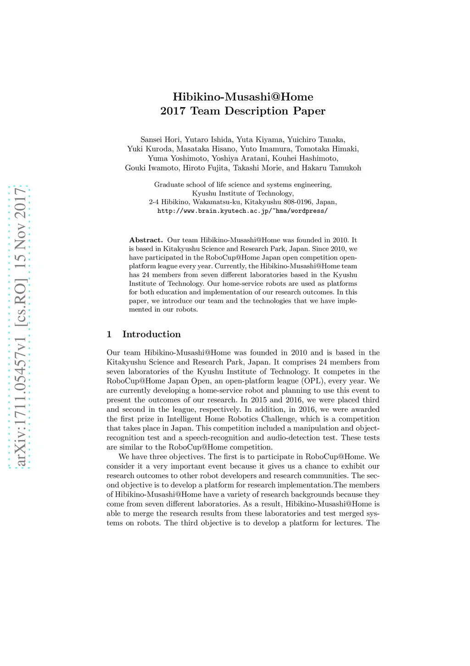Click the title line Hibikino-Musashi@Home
(243, 97)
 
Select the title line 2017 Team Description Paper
(243, 111)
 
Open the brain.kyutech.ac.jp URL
(242, 211)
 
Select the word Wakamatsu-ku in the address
(217, 202)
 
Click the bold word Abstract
(146, 240)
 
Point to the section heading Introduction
(151, 334)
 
